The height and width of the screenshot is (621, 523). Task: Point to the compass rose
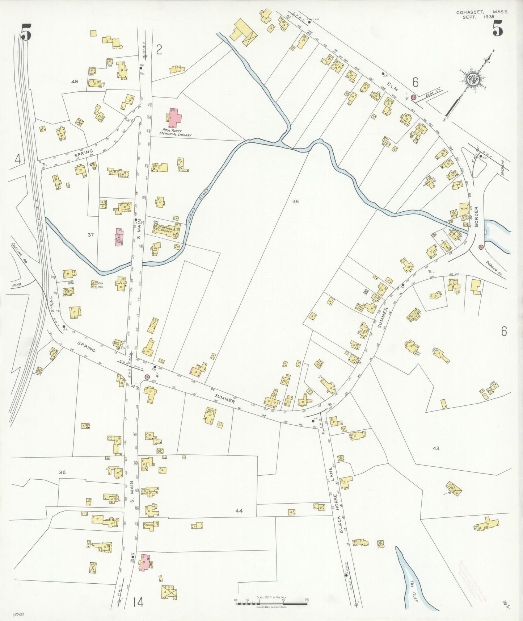(472, 80)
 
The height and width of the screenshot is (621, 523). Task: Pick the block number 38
(295, 201)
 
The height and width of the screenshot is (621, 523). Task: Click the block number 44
(239, 511)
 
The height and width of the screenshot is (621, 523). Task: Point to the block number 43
(436, 448)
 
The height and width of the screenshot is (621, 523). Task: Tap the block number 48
(75, 82)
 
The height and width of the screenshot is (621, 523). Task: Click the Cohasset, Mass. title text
(482, 12)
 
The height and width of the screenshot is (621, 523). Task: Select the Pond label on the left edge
(17, 284)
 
